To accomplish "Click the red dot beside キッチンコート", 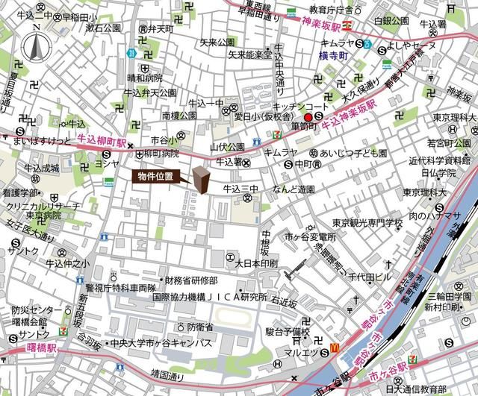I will pyautogui.click(x=308, y=116).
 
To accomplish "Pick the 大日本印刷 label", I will pyautogui.click(x=256, y=263).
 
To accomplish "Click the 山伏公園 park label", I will pyautogui.click(x=228, y=147).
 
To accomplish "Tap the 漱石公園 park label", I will pyautogui.click(x=103, y=28).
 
